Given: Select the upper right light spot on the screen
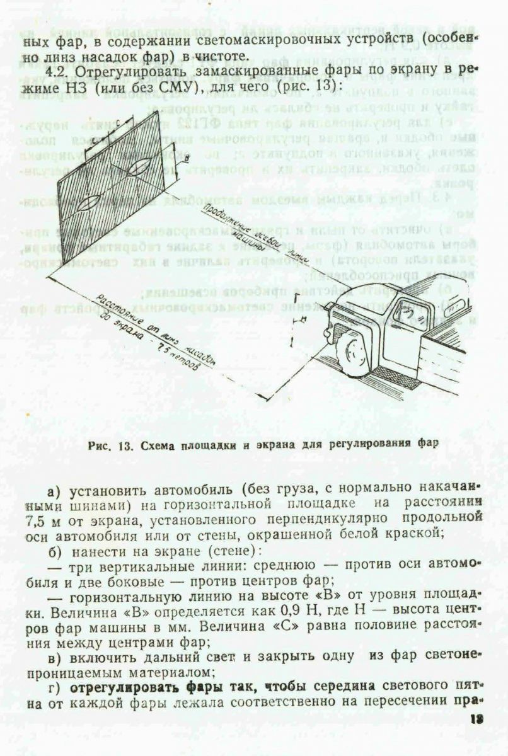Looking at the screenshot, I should (x=139, y=166).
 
